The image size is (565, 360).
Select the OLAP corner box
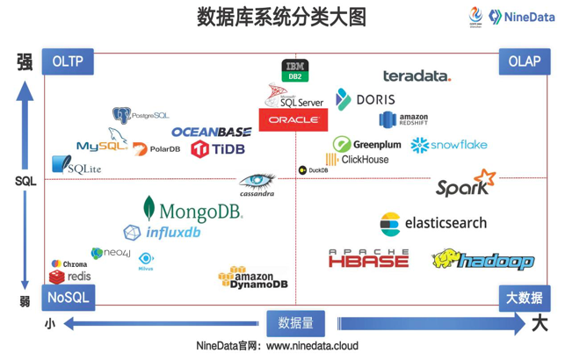click(x=525, y=62)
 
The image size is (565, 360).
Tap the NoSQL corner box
click(x=67, y=297)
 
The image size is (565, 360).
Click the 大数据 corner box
click(x=525, y=297)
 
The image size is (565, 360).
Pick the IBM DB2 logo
click(x=294, y=70)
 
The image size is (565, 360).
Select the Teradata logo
click(x=417, y=76)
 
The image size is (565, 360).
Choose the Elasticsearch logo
click(x=432, y=223)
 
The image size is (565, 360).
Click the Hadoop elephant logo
click(x=482, y=260)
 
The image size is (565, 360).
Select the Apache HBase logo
click(x=368, y=258)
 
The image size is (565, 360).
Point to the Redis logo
click(x=70, y=277)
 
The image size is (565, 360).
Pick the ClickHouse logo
click(x=357, y=160)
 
